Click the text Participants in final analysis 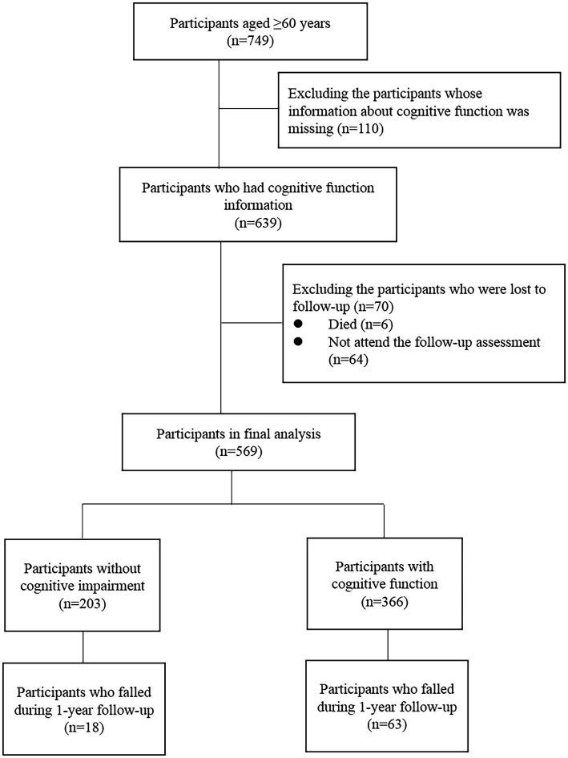click(232, 433)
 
